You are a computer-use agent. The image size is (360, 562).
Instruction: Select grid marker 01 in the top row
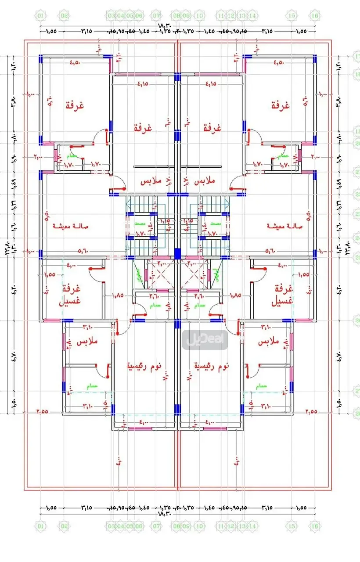click(x=41, y=16)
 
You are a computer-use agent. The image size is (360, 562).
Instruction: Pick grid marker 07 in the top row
click(x=156, y=16)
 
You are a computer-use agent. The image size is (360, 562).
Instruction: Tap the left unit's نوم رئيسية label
click(x=144, y=365)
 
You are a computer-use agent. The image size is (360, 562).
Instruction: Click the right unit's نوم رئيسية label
click(x=211, y=365)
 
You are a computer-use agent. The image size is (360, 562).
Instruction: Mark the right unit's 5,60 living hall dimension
click(x=273, y=251)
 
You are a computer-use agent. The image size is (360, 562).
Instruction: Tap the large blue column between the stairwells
click(x=177, y=254)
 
